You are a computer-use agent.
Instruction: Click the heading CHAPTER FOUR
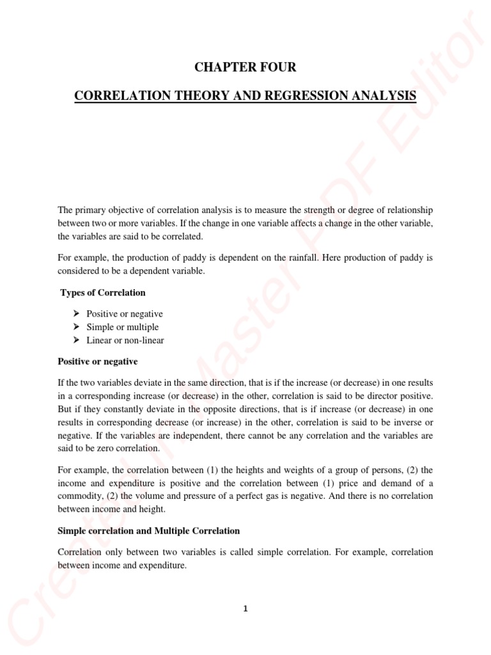[x=245, y=67]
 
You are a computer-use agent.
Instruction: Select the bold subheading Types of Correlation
[x=103, y=292]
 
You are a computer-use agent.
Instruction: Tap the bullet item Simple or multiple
[x=122, y=327]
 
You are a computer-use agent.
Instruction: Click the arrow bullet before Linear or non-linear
[x=77, y=340]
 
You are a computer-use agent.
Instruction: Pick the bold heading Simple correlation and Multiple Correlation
[x=149, y=530]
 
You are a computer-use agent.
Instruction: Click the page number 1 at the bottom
[x=245, y=609]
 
